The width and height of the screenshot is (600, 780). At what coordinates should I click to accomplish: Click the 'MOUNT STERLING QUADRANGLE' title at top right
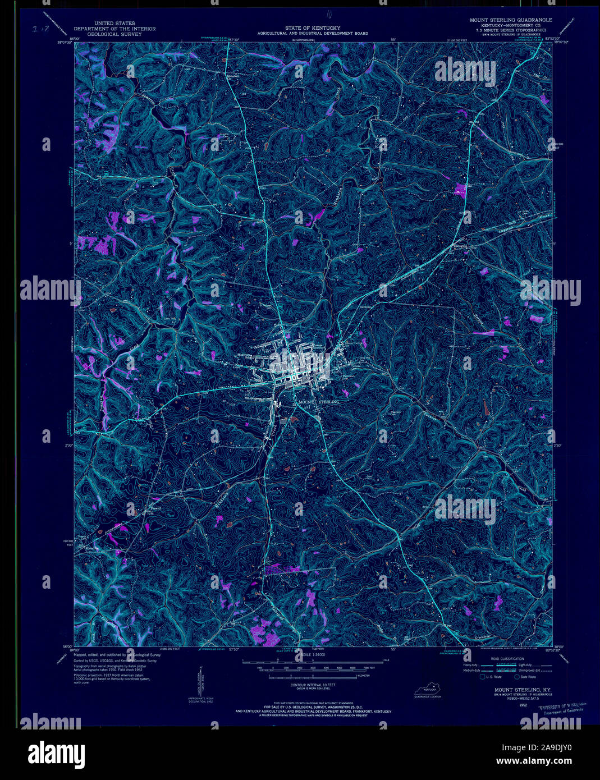(x=511, y=20)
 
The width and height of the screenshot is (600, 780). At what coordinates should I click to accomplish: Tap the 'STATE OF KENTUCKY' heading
(x=313, y=27)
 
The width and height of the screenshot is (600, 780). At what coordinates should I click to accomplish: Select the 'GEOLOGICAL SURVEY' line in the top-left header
(x=114, y=34)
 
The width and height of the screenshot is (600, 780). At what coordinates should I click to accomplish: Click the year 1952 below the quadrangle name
(x=523, y=704)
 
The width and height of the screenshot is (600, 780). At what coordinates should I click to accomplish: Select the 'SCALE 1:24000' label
(x=313, y=655)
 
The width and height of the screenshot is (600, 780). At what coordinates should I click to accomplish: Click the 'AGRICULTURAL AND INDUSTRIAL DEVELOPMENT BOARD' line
(x=313, y=34)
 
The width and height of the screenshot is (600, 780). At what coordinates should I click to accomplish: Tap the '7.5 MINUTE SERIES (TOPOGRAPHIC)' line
(x=511, y=30)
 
